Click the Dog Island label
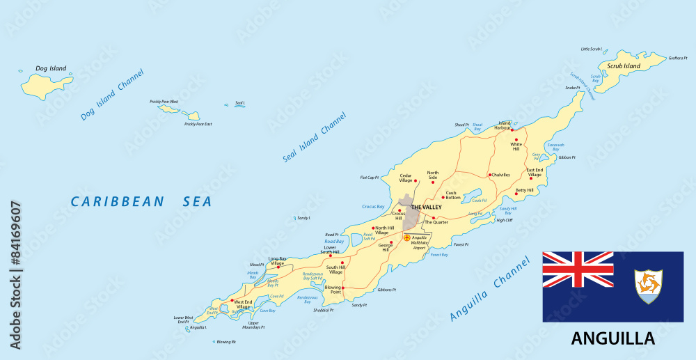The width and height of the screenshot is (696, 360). (x=51, y=68)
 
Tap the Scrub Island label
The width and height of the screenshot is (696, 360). (x=623, y=66)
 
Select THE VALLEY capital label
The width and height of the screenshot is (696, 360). (x=426, y=208)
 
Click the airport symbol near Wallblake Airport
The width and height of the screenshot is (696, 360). (x=407, y=237)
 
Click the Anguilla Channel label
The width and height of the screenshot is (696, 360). (x=494, y=291)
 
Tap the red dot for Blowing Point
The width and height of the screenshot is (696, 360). (x=344, y=287)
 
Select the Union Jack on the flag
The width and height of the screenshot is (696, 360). (x=578, y=269)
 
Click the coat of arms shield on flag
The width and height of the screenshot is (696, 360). (x=648, y=286)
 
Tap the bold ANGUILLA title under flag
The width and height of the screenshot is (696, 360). (x=612, y=339)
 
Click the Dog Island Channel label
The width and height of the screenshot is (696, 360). (x=112, y=95)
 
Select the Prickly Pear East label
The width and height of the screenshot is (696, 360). (x=198, y=125)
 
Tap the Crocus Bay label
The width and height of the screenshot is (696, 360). (x=373, y=207)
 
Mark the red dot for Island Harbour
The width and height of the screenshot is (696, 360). (x=513, y=130)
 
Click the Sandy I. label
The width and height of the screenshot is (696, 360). (x=303, y=218)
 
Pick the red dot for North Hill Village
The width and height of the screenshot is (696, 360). (x=374, y=228)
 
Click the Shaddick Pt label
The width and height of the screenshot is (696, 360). (x=323, y=310)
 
